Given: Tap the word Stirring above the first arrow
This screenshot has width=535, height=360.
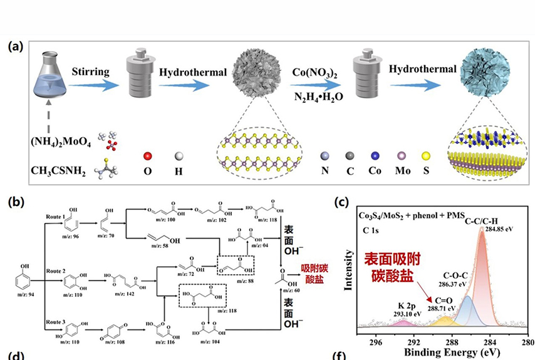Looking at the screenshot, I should coord(90,72).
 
